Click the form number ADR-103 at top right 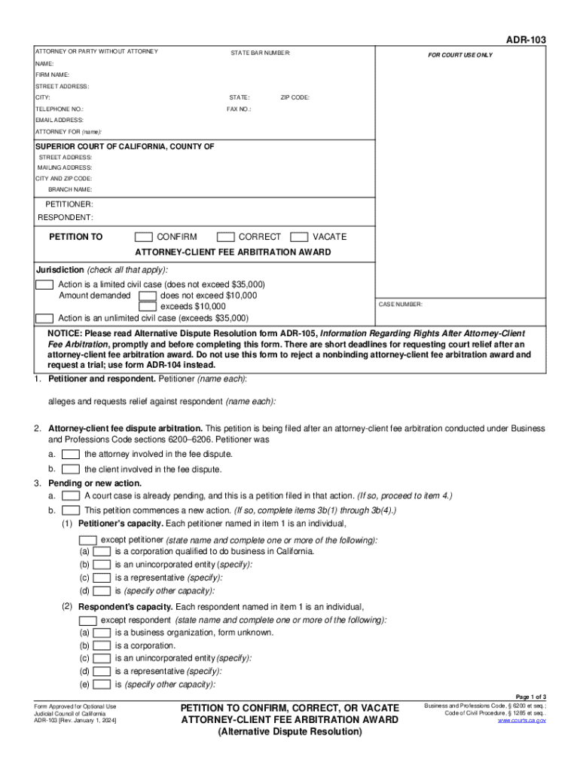(526, 39)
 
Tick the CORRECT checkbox (225, 237)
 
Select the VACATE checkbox (299, 237)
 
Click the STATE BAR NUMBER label (260, 53)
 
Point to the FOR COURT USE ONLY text (460, 55)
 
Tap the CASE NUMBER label (401, 305)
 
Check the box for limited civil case (44, 285)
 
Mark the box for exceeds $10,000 (148, 307)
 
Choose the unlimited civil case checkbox (44, 318)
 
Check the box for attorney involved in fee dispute (71, 455)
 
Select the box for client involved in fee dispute (71, 469)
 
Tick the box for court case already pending (71, 496)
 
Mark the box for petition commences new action (71, 510)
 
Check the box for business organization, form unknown (102, 633)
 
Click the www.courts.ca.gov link (521, 721)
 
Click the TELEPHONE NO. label (60, 109)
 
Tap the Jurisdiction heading (60, 271)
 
